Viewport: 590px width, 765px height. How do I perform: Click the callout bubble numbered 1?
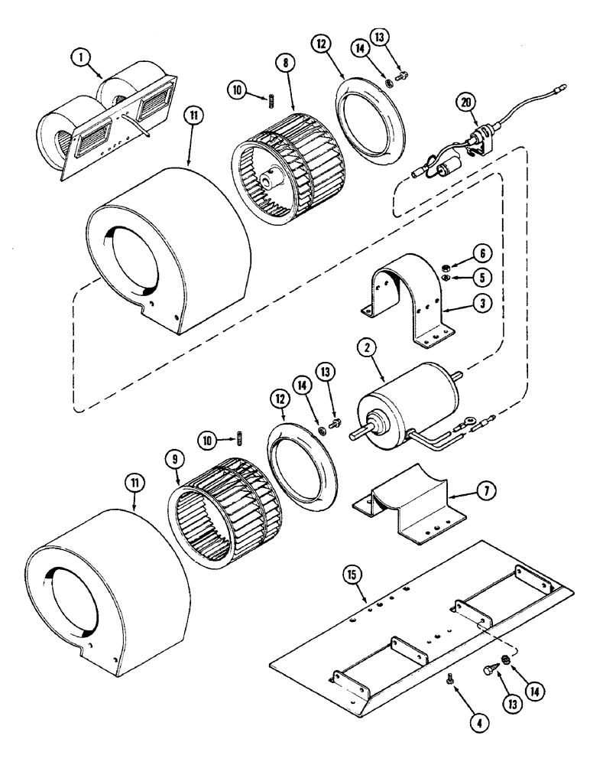click(78, 56)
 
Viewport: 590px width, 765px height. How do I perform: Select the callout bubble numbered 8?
click(286, 64)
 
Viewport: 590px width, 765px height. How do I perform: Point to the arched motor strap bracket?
click(413, 291)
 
